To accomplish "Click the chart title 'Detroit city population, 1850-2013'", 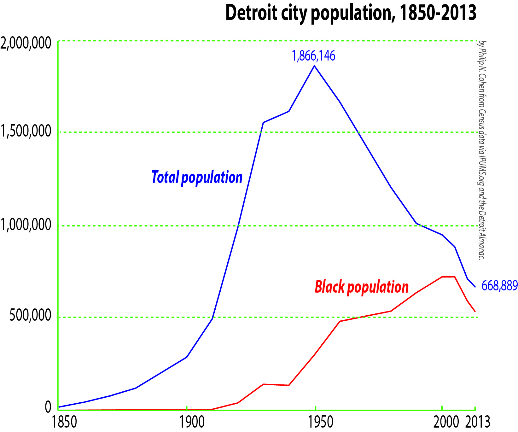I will point(351,13).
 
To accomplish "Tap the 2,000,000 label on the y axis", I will point(26,43).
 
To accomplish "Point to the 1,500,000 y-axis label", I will point(26,131).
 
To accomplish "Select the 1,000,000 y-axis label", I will point(26,225).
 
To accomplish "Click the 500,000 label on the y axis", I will point(30,315).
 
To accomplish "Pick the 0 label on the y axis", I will point(48,407).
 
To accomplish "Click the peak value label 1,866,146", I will point(313,56).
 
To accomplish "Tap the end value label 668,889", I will point(499,286).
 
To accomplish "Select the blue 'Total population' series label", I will point(197,177).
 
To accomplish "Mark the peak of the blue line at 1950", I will point(314,66).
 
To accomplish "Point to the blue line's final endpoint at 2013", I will point(475,287).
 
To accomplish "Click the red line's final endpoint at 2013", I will point(475,312).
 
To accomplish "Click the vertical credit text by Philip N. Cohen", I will point(481,150).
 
